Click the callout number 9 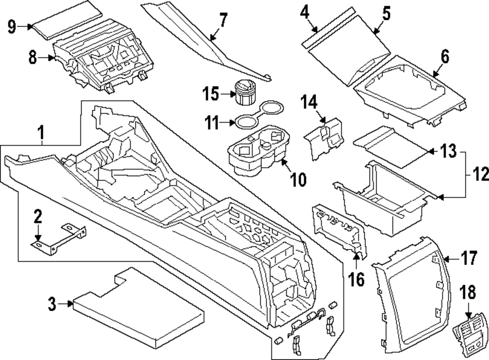click(12, 26)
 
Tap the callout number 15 click(211, 93)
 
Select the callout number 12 click(481, 174)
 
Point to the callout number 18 click(468, 292)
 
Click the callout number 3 click(52, 304)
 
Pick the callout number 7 click(223, 20)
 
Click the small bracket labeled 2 click(59, 239)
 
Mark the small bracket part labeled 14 click(324, 139)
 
